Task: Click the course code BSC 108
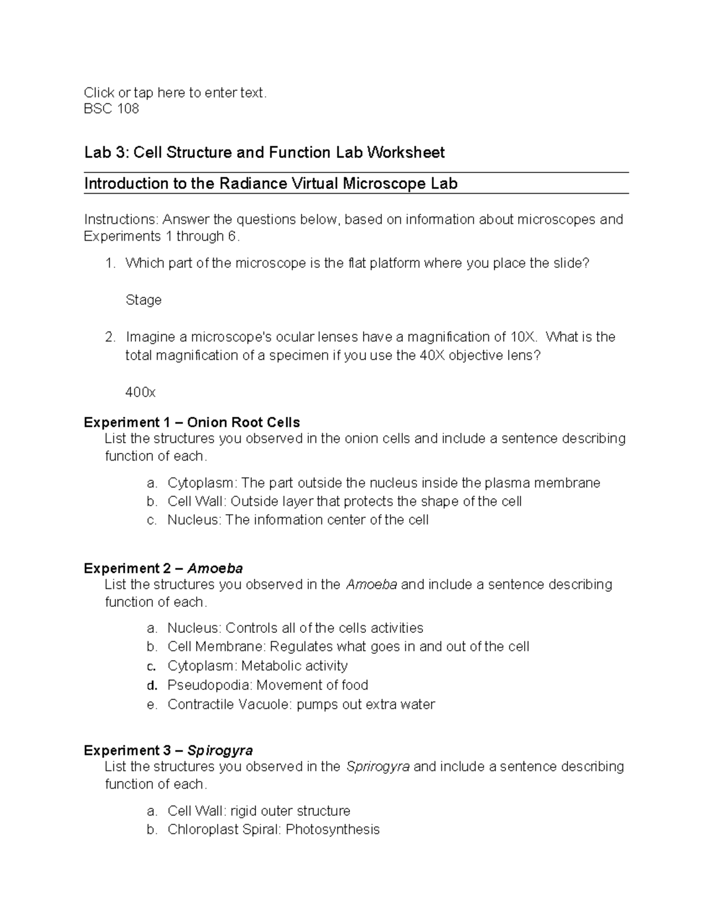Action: pyautogui.click(x=111, y=109)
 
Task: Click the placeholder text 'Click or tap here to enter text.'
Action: pyautogui.click(x=175, y=92)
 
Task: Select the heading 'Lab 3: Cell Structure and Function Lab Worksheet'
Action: pyautogui.click(x=264, y=153)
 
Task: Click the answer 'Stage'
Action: pyautogui.click(x=143, y=300)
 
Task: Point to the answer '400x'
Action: pyautogui.click(x=140, y=393)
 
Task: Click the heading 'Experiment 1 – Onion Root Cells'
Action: pyautogui.click(x=191, y=423)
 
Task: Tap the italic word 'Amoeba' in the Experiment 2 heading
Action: pyautogui.click(x=215, y=568)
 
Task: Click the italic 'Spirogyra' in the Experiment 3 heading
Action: pyautogui.click(x=220, y=750)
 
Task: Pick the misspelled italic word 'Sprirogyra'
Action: pyautogui.click(x=377, y=767)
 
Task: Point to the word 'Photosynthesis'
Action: pyautogui.click(x=332, y=830)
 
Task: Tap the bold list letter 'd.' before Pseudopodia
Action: pyautogui.click(x=152, y=685)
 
